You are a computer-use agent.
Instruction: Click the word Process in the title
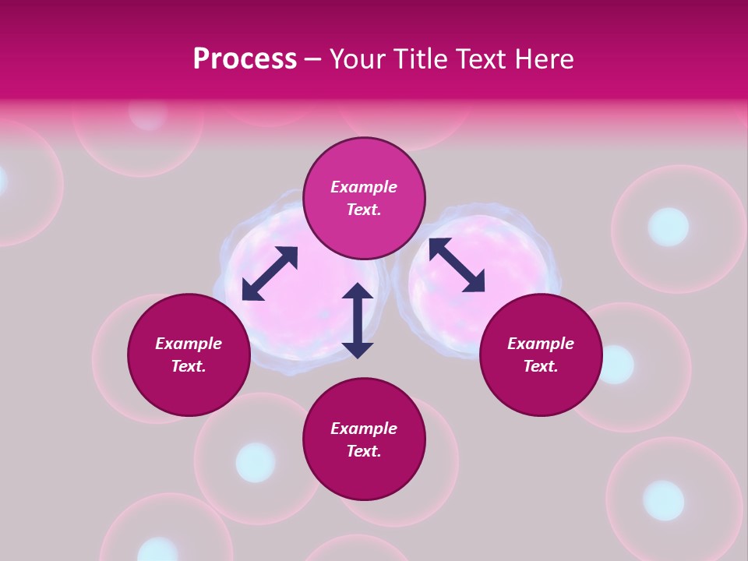245,59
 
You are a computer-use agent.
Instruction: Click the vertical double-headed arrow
358,320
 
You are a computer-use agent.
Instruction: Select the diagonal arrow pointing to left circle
270,273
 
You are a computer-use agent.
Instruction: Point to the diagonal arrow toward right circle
457,265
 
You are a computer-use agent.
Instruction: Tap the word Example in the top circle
364,187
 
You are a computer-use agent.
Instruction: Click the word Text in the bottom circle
363,451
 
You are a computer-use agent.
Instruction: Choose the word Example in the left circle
189,344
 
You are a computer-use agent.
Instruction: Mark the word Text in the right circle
540,366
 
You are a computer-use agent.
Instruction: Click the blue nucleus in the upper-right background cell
669,227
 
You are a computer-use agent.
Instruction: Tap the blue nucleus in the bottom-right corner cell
663,499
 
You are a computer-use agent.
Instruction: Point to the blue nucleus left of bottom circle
256,461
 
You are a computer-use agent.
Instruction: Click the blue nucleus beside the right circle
616,365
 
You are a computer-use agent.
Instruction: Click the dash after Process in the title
313,59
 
